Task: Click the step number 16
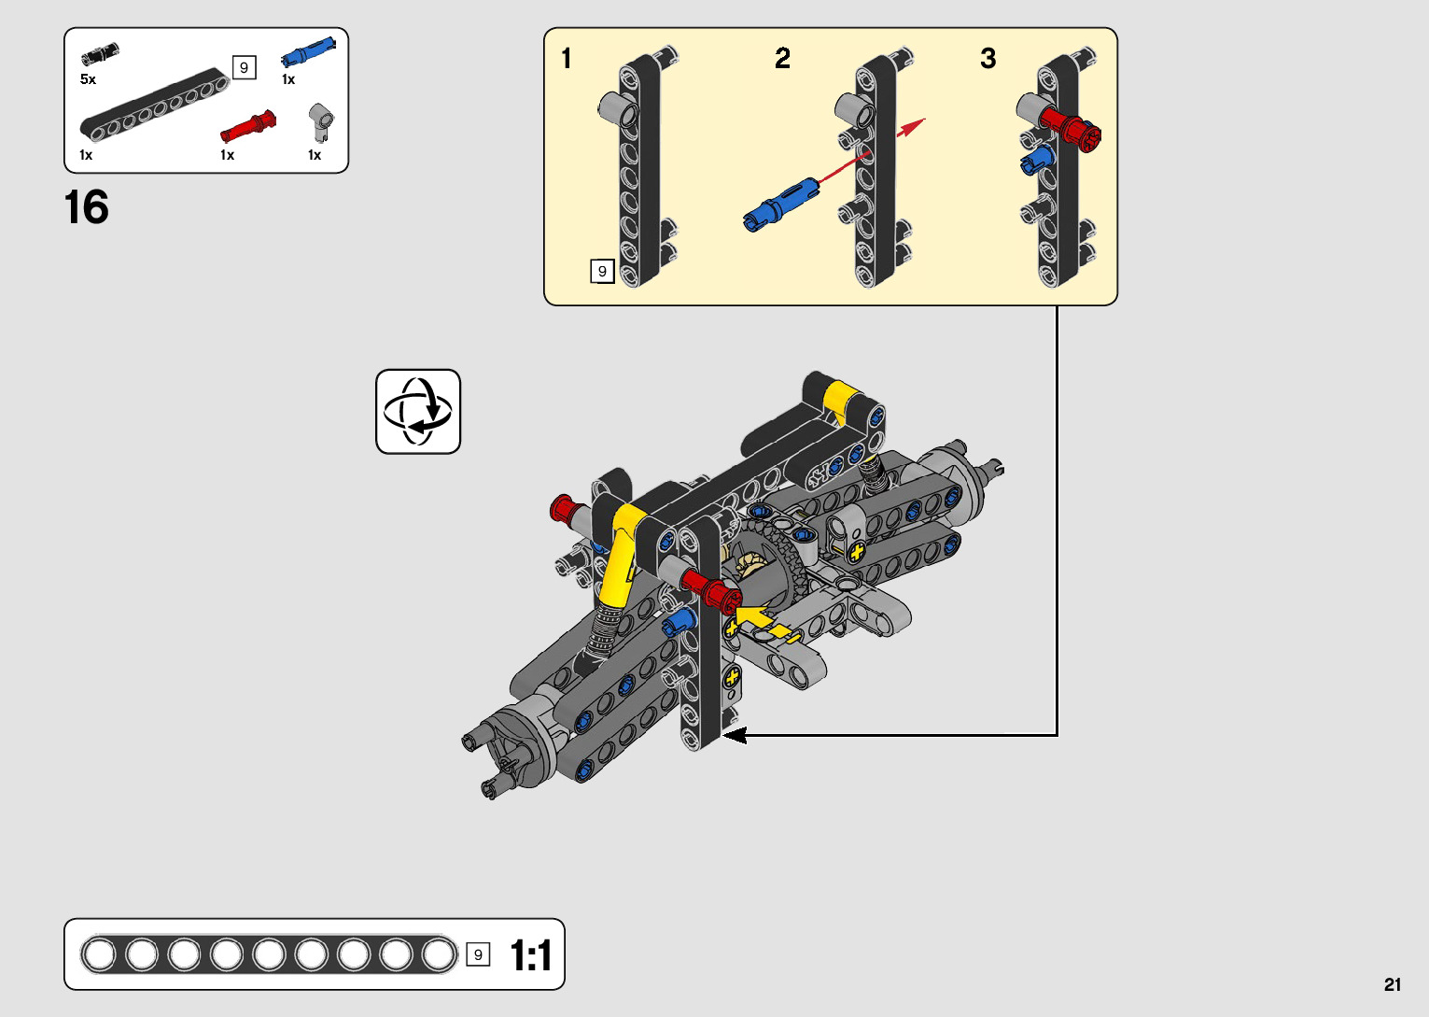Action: (87, 207)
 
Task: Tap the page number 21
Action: (1393, 984)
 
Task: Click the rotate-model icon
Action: (418, 412)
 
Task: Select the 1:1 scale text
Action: (530, 955)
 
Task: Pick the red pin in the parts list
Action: (248, 125)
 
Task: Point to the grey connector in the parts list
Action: (321, 122)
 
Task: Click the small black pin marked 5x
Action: (100, 54)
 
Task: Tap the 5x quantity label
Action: (88, 79)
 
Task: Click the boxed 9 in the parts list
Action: (244, 67)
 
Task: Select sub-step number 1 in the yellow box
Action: (567, 59)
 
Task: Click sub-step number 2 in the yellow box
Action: (782, 59)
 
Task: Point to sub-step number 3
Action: (988, 59)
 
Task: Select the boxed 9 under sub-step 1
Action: (602, 271)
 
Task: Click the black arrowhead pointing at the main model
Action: (736, 735)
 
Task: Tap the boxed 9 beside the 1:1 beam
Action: (478, 954)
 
